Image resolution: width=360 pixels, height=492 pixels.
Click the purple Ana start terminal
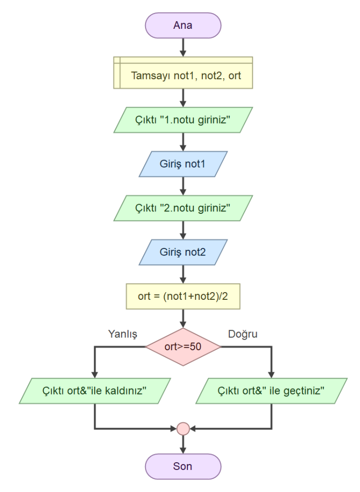click(183, 25)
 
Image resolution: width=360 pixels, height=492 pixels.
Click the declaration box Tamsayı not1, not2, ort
click(183, 75)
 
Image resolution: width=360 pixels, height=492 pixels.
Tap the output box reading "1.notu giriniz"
click(183, 120)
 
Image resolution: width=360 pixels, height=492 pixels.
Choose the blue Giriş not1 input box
click(183, 164)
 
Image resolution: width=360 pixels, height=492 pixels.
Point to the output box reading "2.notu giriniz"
click(183, 208)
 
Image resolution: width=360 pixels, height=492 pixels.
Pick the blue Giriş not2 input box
click(183, 252)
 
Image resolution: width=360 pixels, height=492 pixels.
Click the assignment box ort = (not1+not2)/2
click(183, 296)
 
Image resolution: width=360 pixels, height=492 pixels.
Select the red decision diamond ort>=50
click(183, 347)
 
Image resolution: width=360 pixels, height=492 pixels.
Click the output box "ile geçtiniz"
click(272, 390)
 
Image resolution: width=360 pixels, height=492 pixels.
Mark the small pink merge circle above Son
click(183, 428)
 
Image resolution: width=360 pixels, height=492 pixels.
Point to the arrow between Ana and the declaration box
click(183, 47)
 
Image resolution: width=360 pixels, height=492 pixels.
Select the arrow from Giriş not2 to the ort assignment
click(183, 274)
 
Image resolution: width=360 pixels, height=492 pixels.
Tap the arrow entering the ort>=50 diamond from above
click(183, 319)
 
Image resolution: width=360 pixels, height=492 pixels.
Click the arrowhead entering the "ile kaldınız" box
click(95, 374)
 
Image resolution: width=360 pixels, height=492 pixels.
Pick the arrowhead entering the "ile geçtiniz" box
click(272, 374)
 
